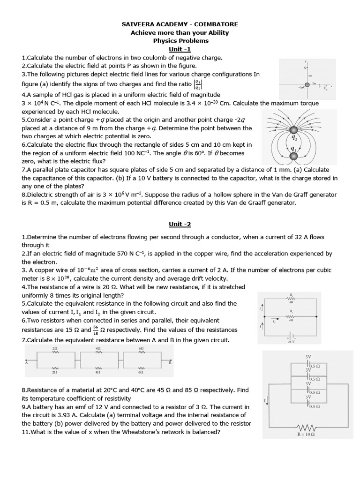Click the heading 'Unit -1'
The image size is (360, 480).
180,49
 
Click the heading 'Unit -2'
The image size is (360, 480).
180,225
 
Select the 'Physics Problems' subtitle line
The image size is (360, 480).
180,40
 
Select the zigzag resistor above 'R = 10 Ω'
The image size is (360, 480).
305,427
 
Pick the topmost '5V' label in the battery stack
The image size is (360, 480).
308,357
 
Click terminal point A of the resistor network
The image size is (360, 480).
27,362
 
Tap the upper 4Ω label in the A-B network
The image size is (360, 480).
98,349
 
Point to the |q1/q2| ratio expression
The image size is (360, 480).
198,84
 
